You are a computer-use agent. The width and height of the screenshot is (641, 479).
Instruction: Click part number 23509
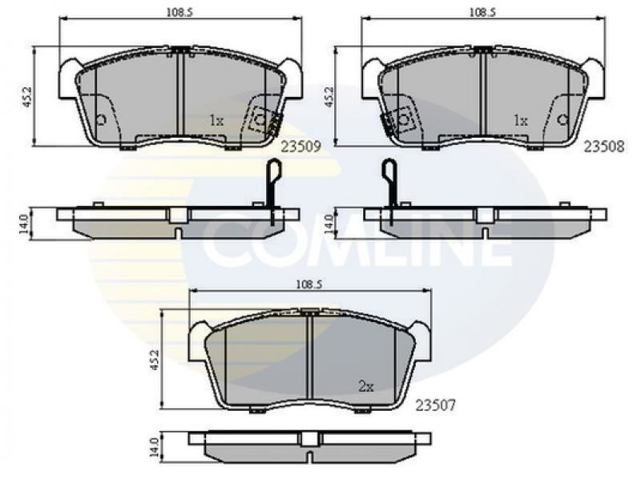click(x=300, y=147)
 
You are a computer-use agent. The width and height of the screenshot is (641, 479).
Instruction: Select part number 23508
click(x=604, y=147)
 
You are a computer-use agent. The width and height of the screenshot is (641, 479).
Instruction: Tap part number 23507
click(x=435, y=405)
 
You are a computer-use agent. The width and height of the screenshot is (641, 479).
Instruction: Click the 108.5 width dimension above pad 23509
click(x=179, y=12)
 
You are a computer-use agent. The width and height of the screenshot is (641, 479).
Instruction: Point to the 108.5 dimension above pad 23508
click(x=482, y=12)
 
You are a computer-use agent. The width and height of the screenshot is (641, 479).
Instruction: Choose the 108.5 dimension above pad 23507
click(x=308, y=284)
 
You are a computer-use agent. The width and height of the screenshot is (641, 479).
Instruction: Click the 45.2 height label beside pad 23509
click(x=27, y=96)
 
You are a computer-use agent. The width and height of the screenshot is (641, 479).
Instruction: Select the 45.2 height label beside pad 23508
click(x=329, y=96)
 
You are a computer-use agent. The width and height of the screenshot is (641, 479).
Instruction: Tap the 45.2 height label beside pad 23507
click(x=154, y=360)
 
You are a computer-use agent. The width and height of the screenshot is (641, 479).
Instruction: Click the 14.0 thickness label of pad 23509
click(x=25, y=224)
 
